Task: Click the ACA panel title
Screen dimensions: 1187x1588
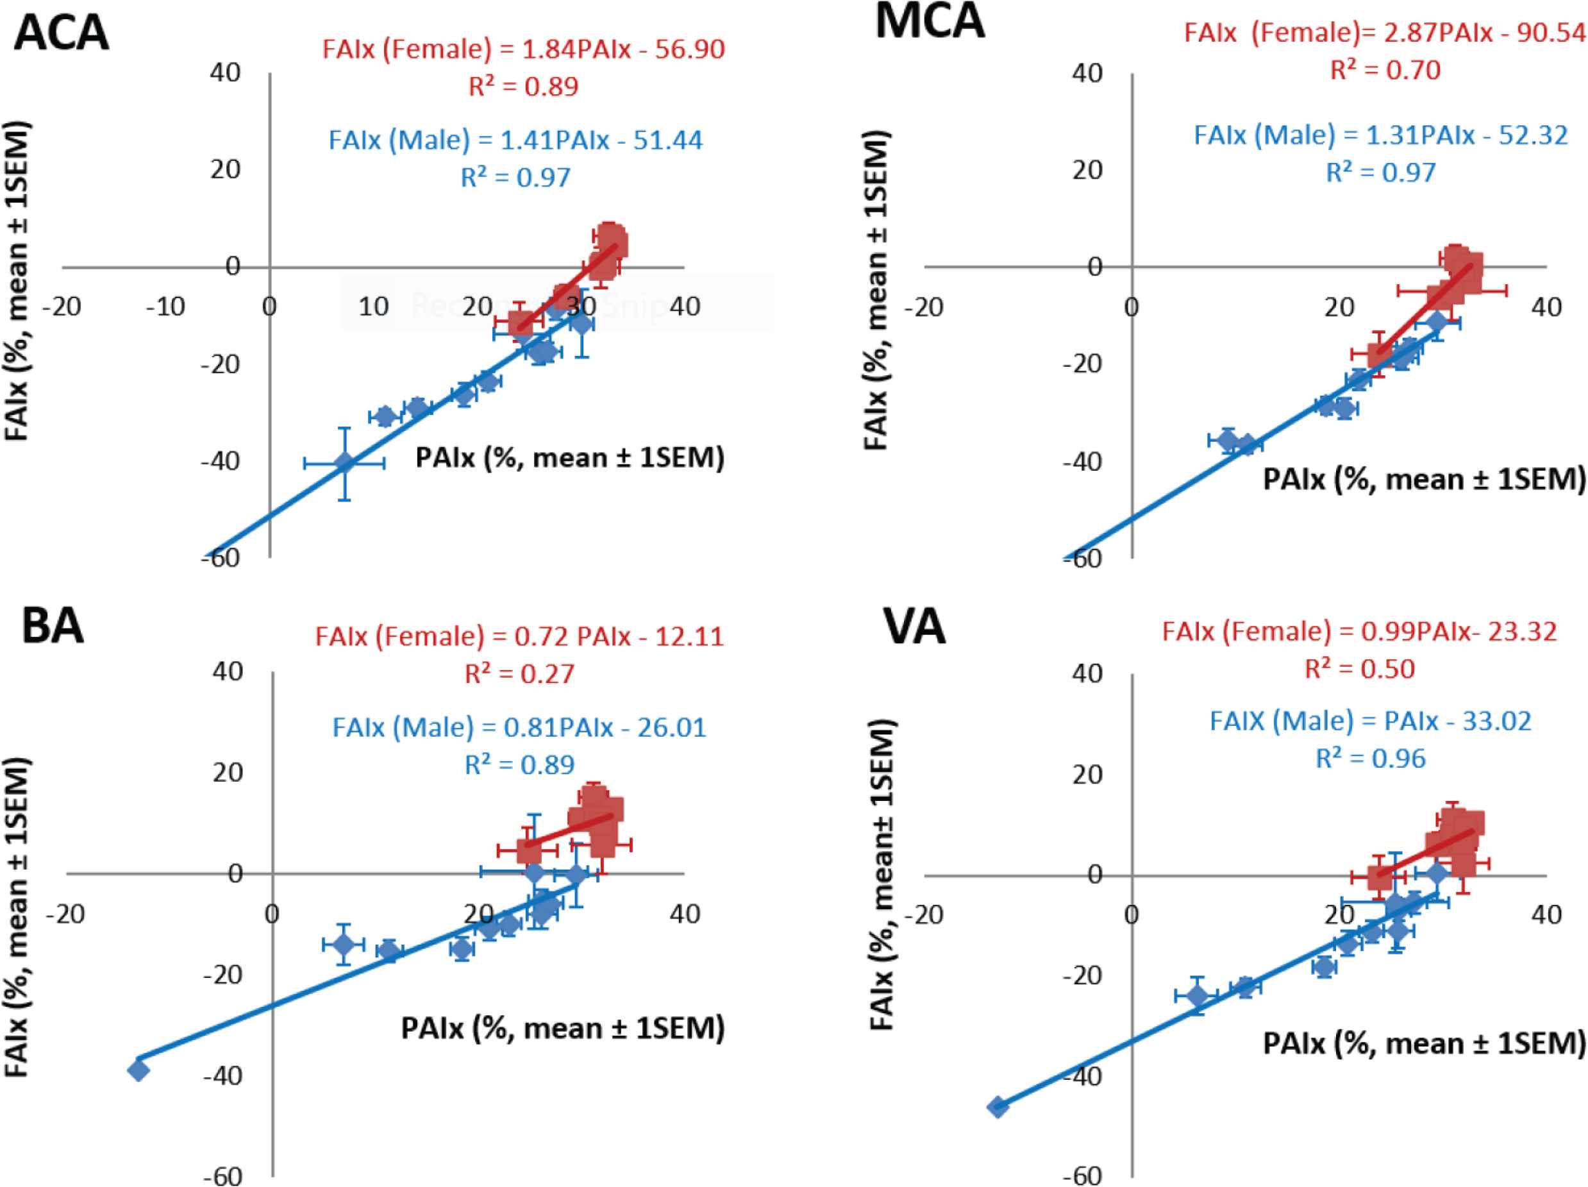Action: point(62,33)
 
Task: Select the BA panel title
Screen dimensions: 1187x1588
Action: point(53,626)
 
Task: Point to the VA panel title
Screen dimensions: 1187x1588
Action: point(914,627)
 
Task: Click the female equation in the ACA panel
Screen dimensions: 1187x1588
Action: point(523,49)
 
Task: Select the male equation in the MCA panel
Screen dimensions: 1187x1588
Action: point(1380,136)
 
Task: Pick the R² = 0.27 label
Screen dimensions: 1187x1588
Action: point(520,674)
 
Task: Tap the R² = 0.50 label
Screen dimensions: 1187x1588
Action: point(1360,669)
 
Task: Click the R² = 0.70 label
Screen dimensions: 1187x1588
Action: point(1385,71)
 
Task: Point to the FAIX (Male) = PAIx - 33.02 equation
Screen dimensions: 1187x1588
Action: point(1371,721)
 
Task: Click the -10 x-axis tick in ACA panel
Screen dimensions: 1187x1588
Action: point(165,307)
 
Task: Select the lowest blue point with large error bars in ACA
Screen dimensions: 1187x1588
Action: point(345,463)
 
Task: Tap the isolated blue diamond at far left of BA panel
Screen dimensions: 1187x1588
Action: point(138,1070)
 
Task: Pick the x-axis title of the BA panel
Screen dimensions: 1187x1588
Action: point(563,1029)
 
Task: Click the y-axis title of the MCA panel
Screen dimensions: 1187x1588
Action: point(877,291)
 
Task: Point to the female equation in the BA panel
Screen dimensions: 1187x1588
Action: point(519,637)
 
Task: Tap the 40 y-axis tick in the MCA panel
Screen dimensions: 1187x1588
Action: point(1087,73)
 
